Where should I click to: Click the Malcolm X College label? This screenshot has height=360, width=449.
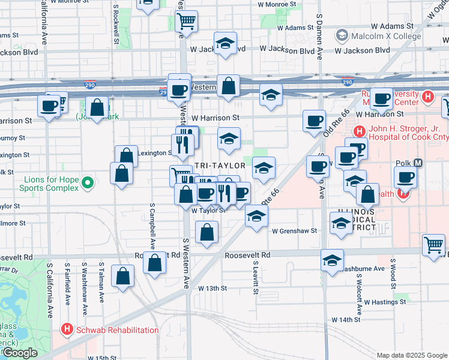click(378, 36)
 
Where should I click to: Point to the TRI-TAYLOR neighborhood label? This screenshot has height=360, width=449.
click(220, 165)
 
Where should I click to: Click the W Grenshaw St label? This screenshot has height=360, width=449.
click(294, 230)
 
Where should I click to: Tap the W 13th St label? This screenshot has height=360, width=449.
click(213, 288)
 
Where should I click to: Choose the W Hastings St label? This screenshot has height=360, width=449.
click(383, 302)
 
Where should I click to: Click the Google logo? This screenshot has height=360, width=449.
click(19, 353)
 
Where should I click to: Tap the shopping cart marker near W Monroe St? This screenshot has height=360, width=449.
click(187, 21)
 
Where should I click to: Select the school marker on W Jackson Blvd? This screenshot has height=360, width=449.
click(225, 44)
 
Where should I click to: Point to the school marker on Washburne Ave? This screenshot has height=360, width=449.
click(332, 260)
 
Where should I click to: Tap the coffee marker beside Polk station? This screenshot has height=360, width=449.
click(406, 178)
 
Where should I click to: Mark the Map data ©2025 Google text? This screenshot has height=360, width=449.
click(411, 355)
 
